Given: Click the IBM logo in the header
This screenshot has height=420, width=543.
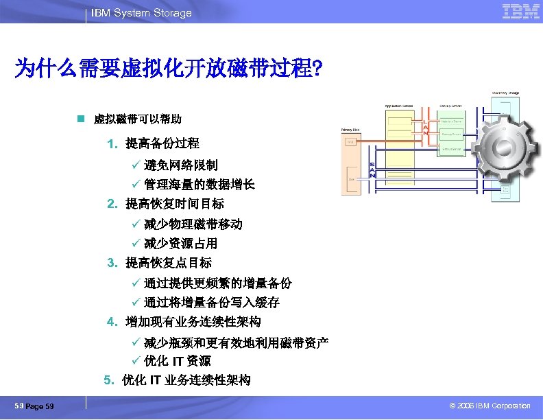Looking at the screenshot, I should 520,12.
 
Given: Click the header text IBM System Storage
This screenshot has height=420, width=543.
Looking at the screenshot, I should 141,13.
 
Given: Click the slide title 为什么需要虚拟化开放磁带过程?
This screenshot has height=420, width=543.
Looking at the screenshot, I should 169,69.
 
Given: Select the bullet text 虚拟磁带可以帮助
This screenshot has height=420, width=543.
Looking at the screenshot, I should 137,119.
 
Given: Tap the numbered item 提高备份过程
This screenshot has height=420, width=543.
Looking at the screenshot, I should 162,143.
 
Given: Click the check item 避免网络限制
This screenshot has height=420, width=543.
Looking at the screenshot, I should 181,165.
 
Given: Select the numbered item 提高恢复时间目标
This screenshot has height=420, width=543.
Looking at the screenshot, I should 175,204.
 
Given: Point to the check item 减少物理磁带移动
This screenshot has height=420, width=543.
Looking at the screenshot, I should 193,224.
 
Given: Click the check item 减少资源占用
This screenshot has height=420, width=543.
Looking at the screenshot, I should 181,244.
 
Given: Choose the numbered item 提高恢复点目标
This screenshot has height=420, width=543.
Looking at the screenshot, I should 169,263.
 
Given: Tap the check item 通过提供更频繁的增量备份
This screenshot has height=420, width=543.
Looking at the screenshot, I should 218,283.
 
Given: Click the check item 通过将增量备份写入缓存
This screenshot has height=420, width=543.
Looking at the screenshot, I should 212,303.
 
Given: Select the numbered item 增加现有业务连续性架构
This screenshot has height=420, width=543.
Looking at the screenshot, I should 193,322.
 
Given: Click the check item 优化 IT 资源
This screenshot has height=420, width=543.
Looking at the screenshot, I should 178,361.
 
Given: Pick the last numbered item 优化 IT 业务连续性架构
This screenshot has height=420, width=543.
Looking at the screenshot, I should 186,380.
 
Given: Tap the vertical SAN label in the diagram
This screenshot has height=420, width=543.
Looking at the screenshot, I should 372,171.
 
